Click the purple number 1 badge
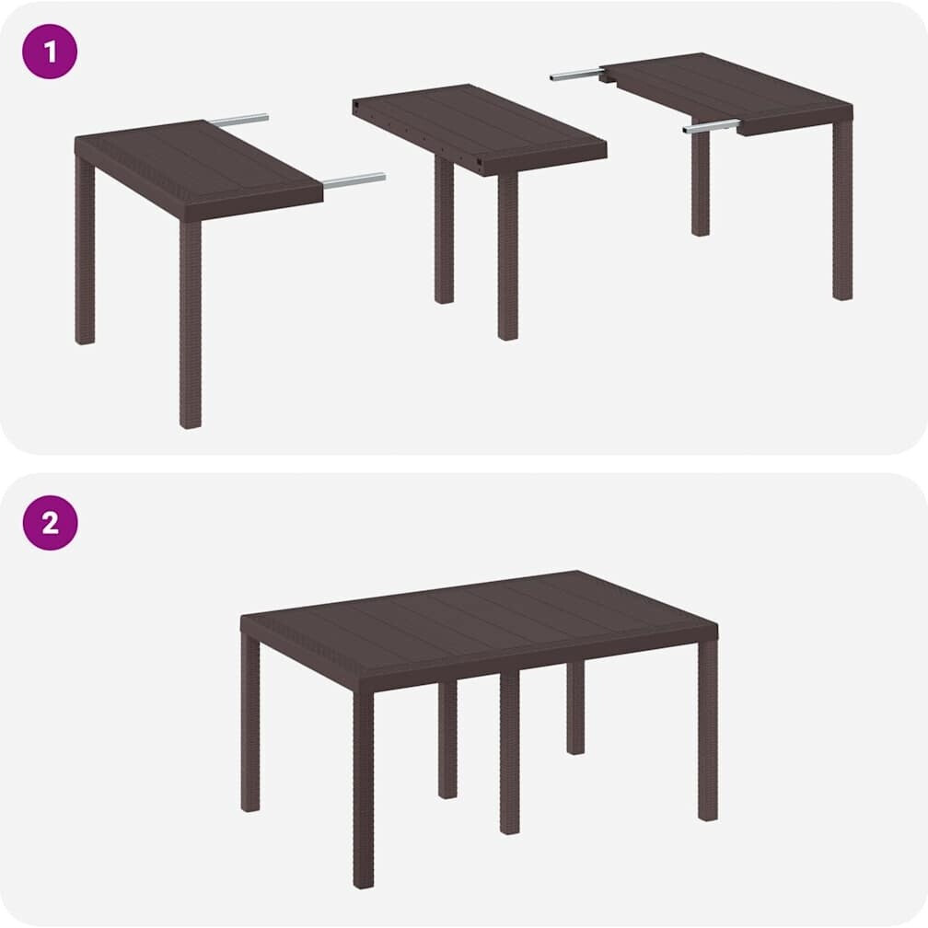[x=50, y=52]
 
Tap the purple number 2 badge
[x=50, y=523]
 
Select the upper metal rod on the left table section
[x=238, y=120]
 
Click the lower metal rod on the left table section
[x=354, y=181]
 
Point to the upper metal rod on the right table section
[x=577, y=75]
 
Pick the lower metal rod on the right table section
[x=712, y=126]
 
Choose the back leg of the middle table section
[x=444, y=229]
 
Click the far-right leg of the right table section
[x=842, y=211]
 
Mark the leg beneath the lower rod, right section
[x=700, y=184]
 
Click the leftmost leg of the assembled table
[x=249, y=722]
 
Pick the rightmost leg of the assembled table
[x=708, y=730]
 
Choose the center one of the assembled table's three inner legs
[x=509, y=751]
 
